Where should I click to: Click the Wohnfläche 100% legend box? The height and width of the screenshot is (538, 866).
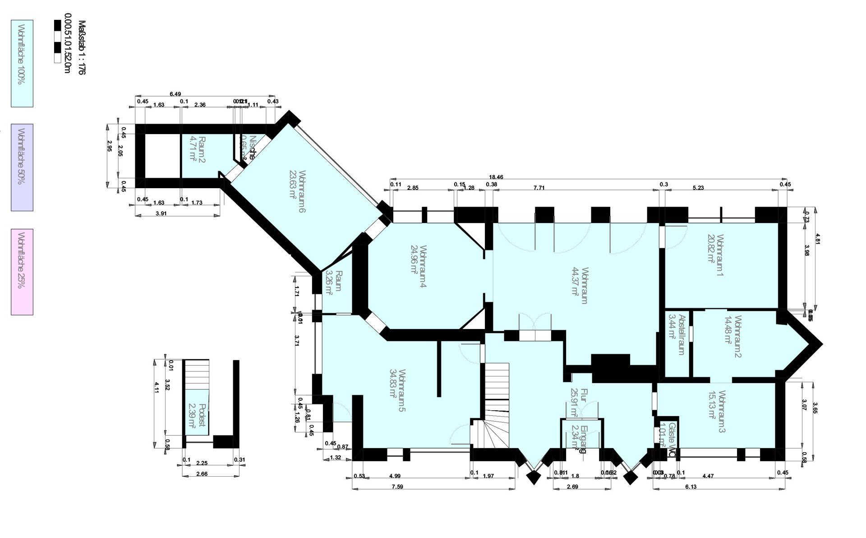[22, 63]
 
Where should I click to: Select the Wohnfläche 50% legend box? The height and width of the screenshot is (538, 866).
[22, 167]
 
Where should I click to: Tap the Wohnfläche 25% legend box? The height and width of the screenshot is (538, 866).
[22, 272]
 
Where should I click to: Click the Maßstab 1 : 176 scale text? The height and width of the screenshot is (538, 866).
[81, 47]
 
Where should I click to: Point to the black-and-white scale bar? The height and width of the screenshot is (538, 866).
[57, 42]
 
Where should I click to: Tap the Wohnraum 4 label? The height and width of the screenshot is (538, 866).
[423, 266]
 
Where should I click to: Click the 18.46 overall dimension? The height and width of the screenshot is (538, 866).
[496, 177]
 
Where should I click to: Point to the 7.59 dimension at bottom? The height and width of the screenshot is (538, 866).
[397, 487]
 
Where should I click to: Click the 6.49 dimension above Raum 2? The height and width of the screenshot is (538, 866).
[175, 94]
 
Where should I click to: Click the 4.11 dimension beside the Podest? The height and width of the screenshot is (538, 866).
[157, 387]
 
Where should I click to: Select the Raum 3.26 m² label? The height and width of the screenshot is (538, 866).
[334, 283]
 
